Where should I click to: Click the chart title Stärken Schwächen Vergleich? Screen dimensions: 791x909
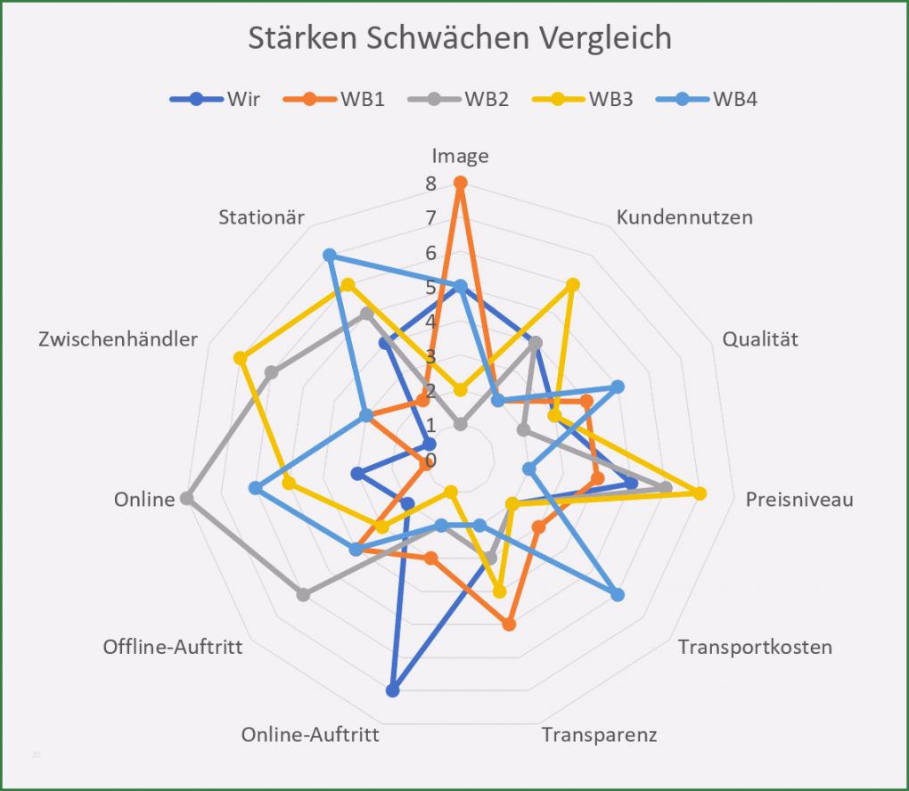(459, 38)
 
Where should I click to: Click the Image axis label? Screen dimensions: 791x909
(460, 157)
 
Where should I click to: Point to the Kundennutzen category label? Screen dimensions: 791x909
(684, 217)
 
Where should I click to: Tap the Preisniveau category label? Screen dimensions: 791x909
(799, 499)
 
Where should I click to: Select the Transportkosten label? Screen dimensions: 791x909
(755, 647)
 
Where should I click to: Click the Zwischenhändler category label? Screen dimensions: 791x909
(118, 339)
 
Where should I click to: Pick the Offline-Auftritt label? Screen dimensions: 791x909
(173, 647)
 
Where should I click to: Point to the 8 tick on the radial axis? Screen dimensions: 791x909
(430, 184)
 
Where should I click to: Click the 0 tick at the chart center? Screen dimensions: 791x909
(430, 461)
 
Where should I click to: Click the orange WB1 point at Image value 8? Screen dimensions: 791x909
(460, 183)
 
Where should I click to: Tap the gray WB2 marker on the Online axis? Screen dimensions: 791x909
(186, 499)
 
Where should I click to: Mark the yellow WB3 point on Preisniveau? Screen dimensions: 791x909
(700, 493)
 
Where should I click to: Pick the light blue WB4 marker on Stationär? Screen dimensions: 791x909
(329, 256)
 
